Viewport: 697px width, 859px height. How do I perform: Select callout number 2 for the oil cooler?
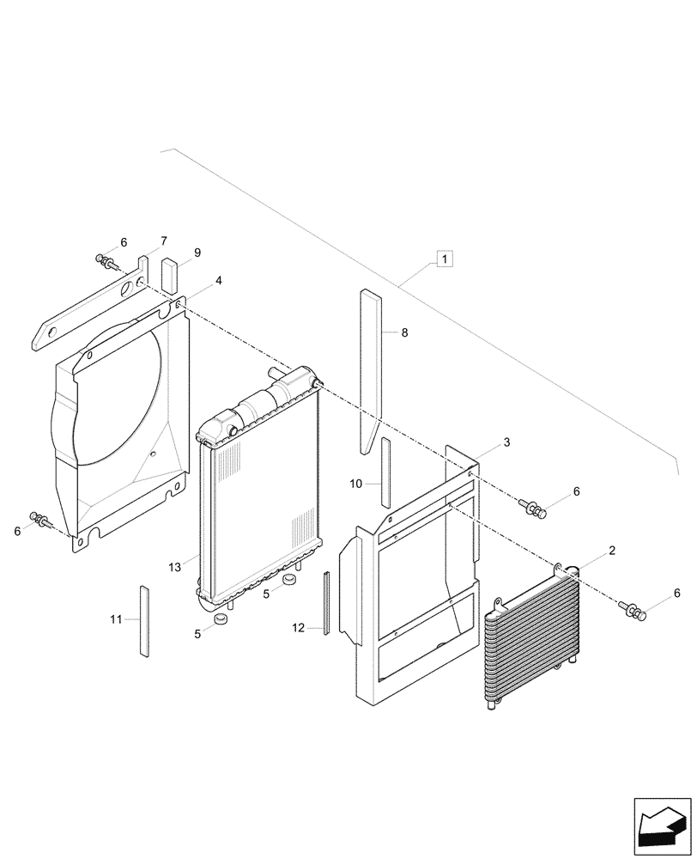click(612, 550)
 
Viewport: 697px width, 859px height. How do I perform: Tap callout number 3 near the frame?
click(506, 442)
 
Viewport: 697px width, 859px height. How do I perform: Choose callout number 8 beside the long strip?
click(404, 332)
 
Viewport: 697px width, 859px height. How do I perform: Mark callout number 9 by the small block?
click(197, 253)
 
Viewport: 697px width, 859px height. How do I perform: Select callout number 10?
click(356, 484)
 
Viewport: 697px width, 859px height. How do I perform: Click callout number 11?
click(117, 618)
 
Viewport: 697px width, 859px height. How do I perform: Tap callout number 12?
click(298, 629)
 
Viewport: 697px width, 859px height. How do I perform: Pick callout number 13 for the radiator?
click(176, 567)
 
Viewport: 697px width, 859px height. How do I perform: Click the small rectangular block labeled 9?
click(169, 273)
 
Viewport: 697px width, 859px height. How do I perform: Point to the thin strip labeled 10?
click(385, 472)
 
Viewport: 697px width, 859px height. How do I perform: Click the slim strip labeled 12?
click(326, 602)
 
